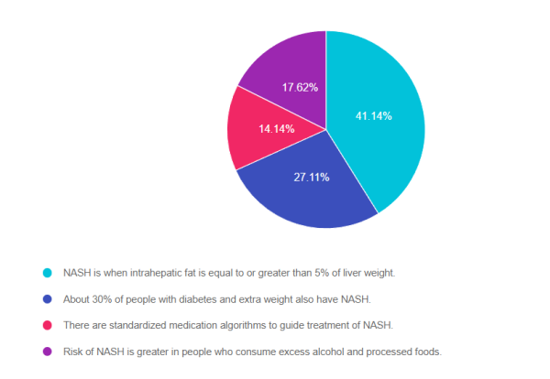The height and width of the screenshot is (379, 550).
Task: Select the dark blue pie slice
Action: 302,188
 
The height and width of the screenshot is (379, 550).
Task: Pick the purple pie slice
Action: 289,73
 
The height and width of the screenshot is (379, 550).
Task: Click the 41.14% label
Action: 374,116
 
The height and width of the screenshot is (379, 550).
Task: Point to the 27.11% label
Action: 311,177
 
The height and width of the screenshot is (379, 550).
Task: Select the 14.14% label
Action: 276,129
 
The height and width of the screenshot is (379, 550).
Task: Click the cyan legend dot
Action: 46,273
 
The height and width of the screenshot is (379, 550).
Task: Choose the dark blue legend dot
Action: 46,299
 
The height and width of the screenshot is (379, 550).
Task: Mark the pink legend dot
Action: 46,326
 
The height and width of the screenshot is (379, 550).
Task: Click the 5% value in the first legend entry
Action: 317,273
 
